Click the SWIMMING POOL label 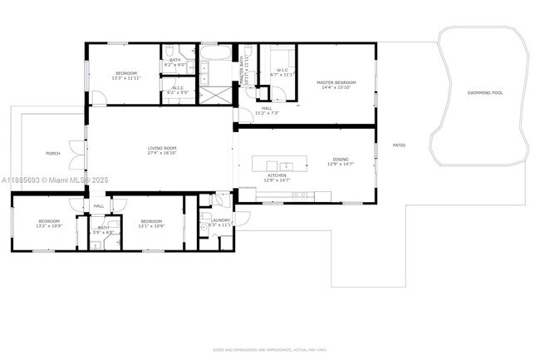tap(485, 93)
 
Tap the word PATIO tap(399, 145)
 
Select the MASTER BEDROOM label tap(336, 82)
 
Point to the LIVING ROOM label tap(162, 148)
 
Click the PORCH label tap(52, 154)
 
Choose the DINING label tap(341, 160)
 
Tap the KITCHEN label tap(277, 175)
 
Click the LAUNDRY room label tap(220, 220)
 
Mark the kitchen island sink tap(287, 164)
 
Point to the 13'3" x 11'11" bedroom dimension tap(126, 79)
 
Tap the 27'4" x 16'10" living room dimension tap(162, 153)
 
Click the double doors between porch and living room tap(81, 154)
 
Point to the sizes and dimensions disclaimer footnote tap(269, 351)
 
